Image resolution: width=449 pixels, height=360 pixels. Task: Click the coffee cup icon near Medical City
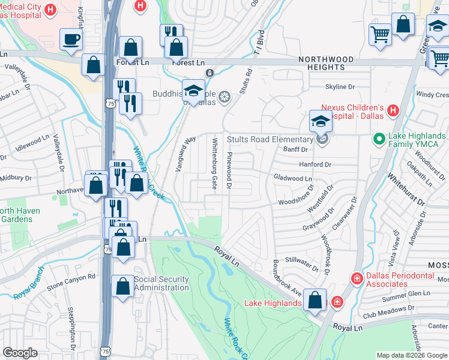[x=71, y=40]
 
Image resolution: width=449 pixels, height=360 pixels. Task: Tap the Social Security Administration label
[x=161, y=283]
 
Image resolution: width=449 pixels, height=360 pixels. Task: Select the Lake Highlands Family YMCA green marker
[x=379, y=140]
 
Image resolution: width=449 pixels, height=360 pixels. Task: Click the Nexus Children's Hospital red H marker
[x=393, y=110]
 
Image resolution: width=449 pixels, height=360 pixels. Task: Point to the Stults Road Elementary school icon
[x=321, y=122]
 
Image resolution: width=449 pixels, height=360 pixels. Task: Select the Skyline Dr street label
[x=340, y=87]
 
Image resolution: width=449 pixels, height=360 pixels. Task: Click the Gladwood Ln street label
[x=292, y=178]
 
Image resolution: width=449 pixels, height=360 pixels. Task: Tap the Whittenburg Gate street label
[x=214, y=163]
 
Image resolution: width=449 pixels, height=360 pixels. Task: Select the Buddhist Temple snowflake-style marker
[x=224, y=97]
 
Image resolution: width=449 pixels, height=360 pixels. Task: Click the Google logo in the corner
[x=20, y=353]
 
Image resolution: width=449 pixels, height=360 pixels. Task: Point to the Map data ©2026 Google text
[x=412, y=355]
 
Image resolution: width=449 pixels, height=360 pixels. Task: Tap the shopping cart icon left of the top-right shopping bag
[x=380, y=34]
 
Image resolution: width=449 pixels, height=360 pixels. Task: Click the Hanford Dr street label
[x=312, y=164]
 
